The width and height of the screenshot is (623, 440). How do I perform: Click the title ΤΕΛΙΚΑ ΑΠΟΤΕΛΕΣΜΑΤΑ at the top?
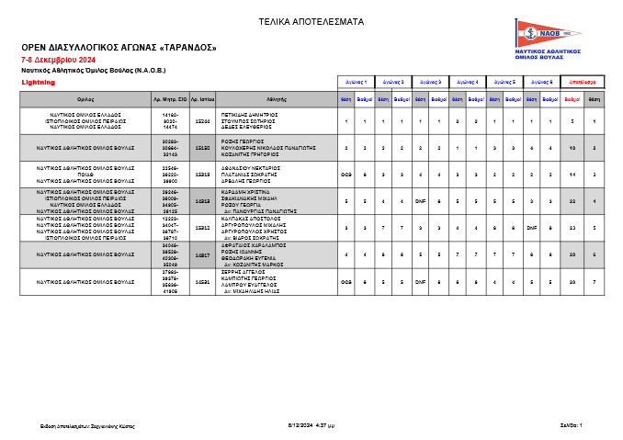311,21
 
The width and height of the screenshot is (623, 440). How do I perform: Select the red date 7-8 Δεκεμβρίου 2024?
58,59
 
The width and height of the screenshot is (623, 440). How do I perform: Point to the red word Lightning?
38,82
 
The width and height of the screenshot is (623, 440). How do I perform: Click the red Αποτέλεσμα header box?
582,82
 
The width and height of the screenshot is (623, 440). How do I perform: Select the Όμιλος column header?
85,97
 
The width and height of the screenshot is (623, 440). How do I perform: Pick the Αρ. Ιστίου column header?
203,97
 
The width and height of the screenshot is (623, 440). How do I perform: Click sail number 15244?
203,121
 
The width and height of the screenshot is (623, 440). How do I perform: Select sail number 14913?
203,200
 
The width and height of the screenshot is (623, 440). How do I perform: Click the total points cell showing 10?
572,147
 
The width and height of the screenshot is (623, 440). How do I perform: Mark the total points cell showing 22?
572,200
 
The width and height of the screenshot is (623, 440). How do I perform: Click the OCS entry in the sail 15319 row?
346,174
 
